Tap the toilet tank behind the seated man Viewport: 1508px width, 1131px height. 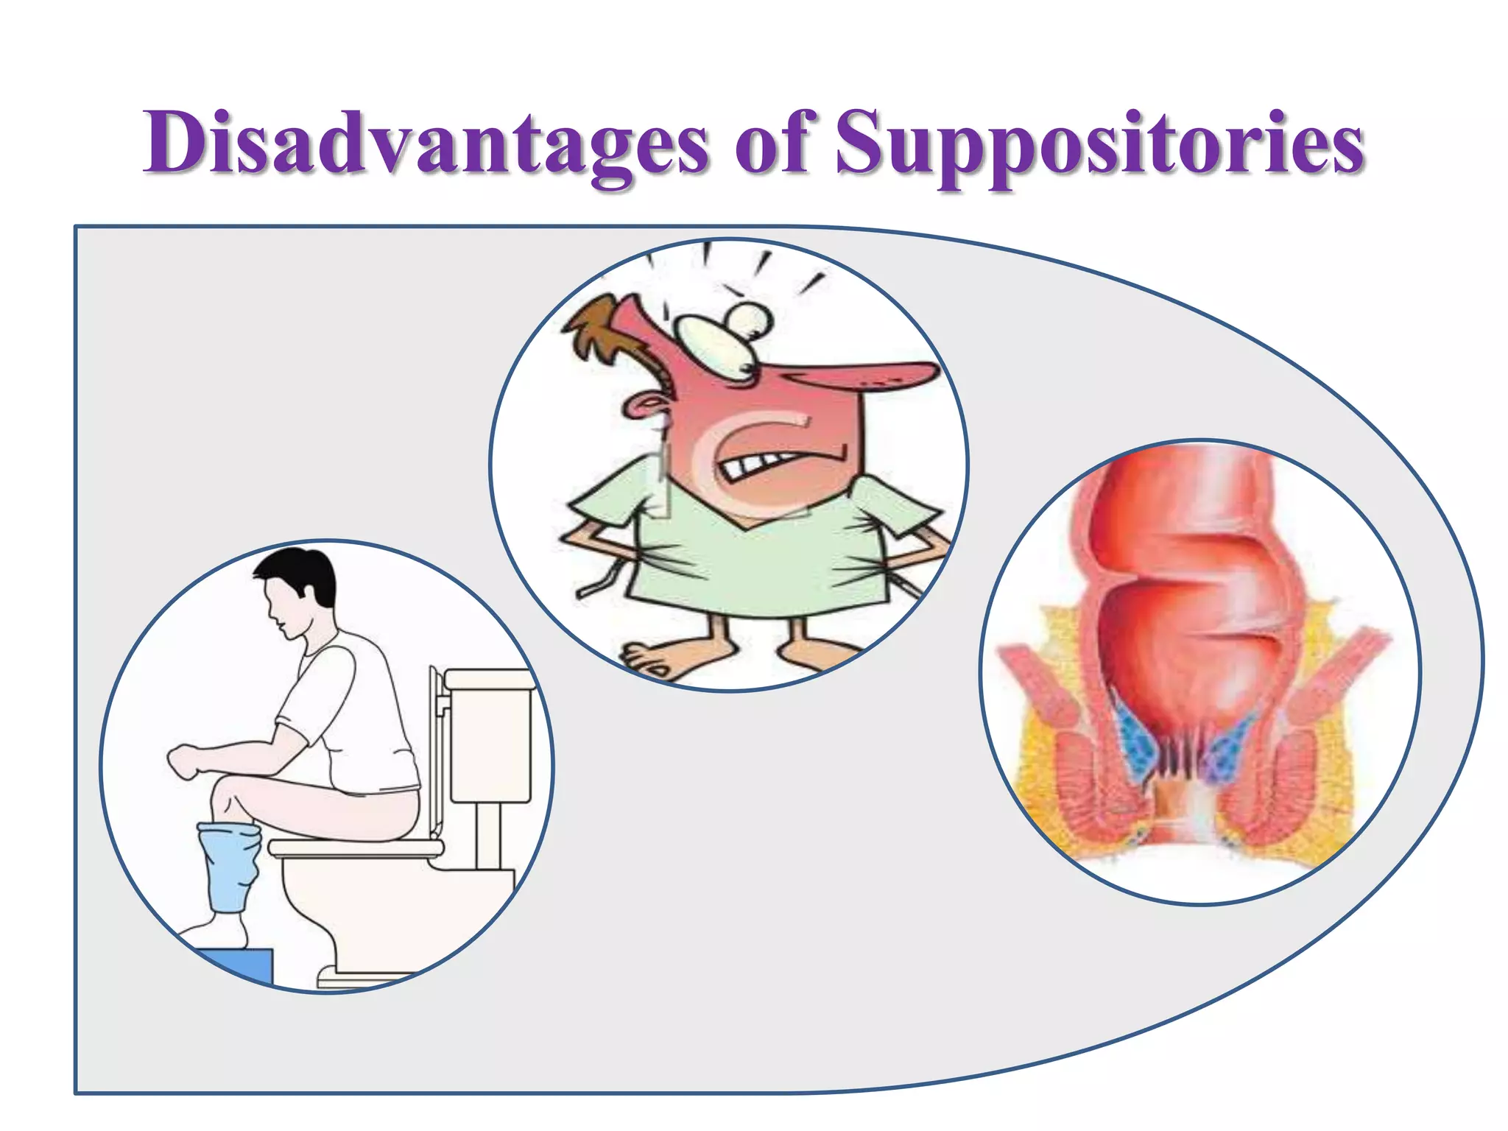490,736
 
